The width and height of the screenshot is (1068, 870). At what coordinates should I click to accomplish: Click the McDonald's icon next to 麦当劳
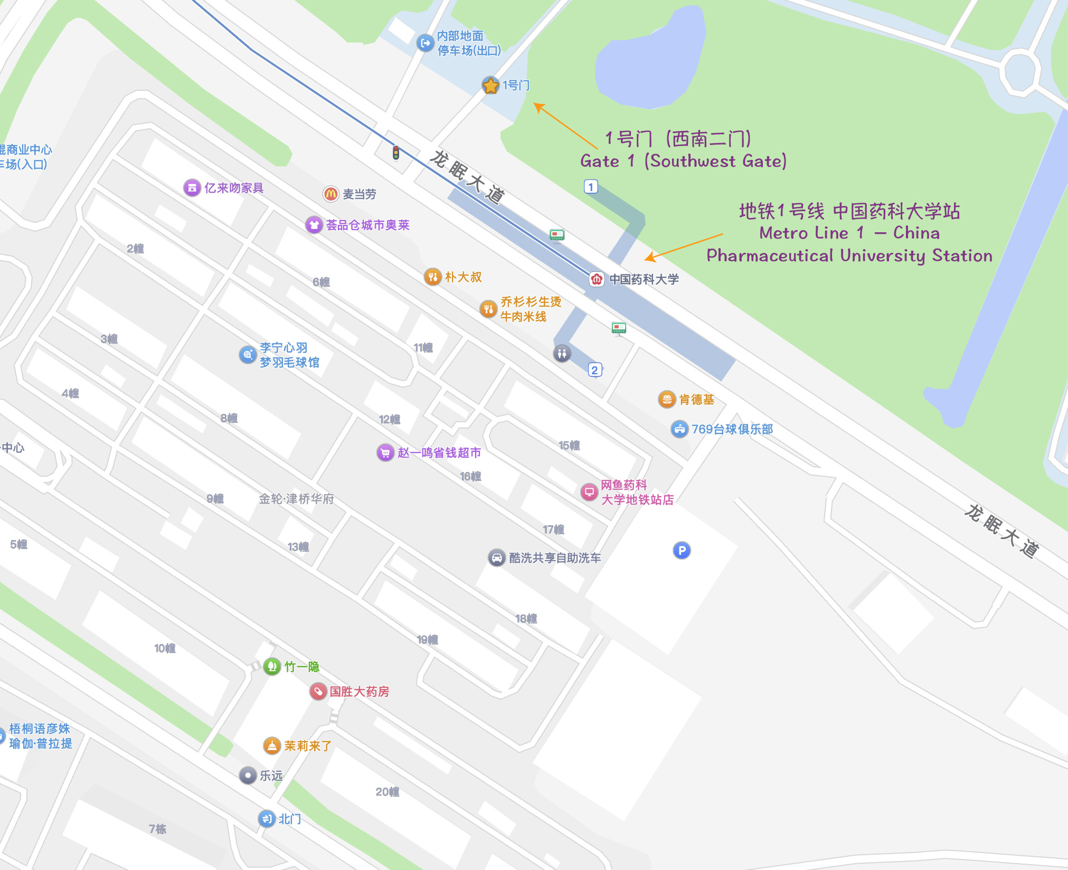330,194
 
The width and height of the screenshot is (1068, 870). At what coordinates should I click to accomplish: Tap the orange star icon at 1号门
490,85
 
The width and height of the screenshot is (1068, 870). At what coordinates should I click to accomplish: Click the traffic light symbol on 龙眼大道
395,153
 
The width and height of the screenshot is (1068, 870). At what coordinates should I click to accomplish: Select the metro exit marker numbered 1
591,186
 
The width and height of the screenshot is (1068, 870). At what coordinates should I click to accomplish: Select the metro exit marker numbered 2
594,370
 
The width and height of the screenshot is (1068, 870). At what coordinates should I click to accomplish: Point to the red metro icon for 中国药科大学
597,279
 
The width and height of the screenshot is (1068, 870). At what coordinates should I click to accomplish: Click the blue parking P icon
682,551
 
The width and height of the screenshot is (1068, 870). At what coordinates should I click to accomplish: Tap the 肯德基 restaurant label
696,400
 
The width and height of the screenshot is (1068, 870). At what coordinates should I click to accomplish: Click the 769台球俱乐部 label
732,429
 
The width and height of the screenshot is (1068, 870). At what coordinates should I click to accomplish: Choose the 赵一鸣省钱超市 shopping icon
385,452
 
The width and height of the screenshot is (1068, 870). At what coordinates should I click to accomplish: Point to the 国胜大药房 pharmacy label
359,692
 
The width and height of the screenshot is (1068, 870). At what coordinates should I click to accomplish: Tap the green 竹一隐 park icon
272,667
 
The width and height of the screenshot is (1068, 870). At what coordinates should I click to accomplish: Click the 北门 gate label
290,819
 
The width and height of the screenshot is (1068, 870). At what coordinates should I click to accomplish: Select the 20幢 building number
387,792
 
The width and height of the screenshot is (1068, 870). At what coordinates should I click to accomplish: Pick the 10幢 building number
164,648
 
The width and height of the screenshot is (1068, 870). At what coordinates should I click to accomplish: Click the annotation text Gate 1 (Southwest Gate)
683,161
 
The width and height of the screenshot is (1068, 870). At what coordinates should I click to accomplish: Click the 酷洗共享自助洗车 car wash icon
496,557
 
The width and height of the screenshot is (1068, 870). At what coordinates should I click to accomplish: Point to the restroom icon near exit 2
562,353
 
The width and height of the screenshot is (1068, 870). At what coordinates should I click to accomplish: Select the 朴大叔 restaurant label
463,277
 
